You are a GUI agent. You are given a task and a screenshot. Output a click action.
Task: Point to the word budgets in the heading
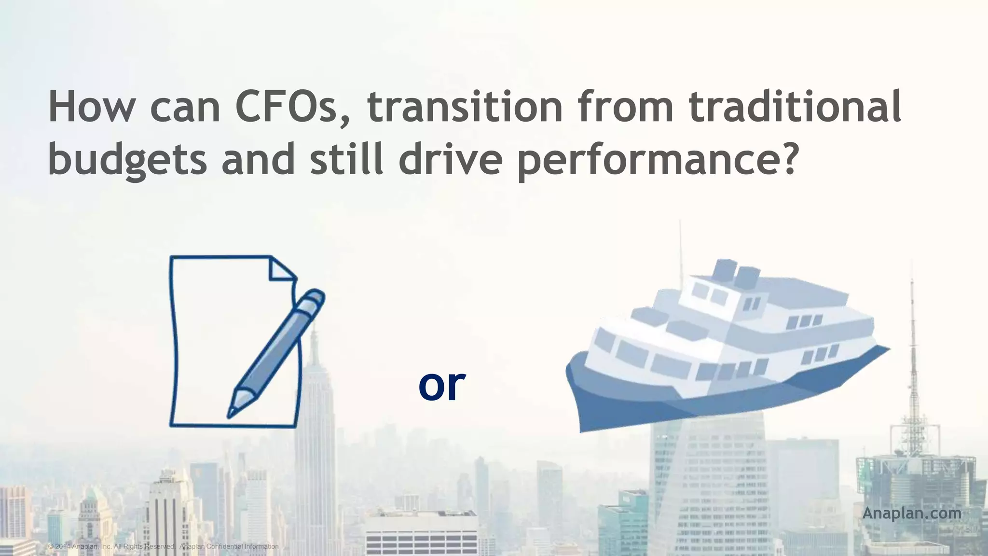[127, 161]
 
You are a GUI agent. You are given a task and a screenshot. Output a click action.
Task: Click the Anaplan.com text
[911, 513]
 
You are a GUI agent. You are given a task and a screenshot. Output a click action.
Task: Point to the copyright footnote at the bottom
[164, 546]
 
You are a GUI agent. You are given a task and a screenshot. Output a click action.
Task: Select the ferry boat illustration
[724, 347]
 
